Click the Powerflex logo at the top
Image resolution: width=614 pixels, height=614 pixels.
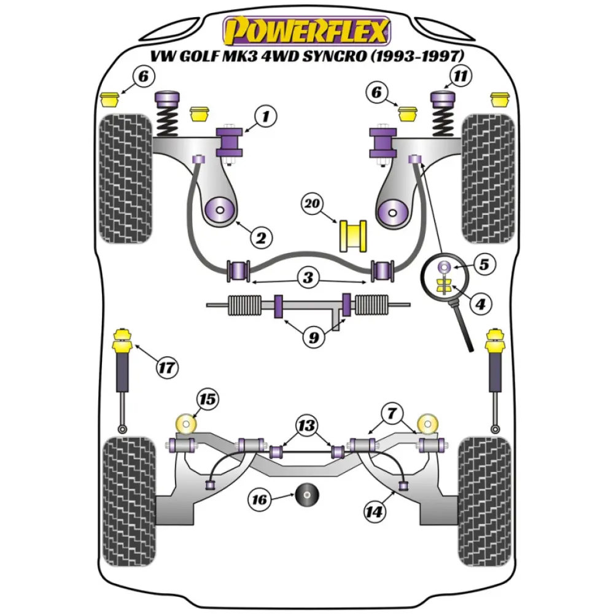(307, 30)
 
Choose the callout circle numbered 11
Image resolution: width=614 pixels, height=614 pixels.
(461, 77)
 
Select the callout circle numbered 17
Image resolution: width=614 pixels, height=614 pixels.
(166, 368)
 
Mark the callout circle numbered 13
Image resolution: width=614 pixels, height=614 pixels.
(306, 425)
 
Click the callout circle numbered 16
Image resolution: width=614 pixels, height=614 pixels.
(260, 500)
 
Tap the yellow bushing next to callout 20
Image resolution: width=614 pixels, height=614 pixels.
(352, 235)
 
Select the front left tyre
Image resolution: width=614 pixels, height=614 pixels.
(125, 178)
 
